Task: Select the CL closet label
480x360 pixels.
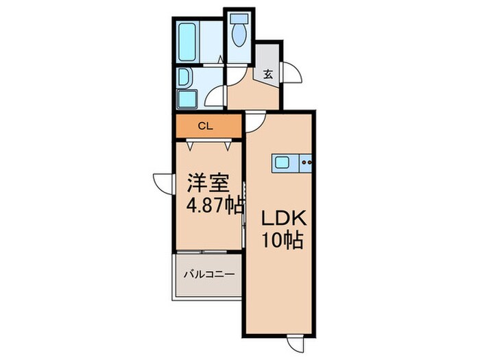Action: click(204, 126)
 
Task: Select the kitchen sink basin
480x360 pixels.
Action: click(283, 163)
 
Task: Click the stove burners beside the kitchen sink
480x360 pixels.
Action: click(306, 163)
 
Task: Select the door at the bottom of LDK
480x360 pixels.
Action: click(296, 344)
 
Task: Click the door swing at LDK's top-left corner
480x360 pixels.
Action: click(254, 121)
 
